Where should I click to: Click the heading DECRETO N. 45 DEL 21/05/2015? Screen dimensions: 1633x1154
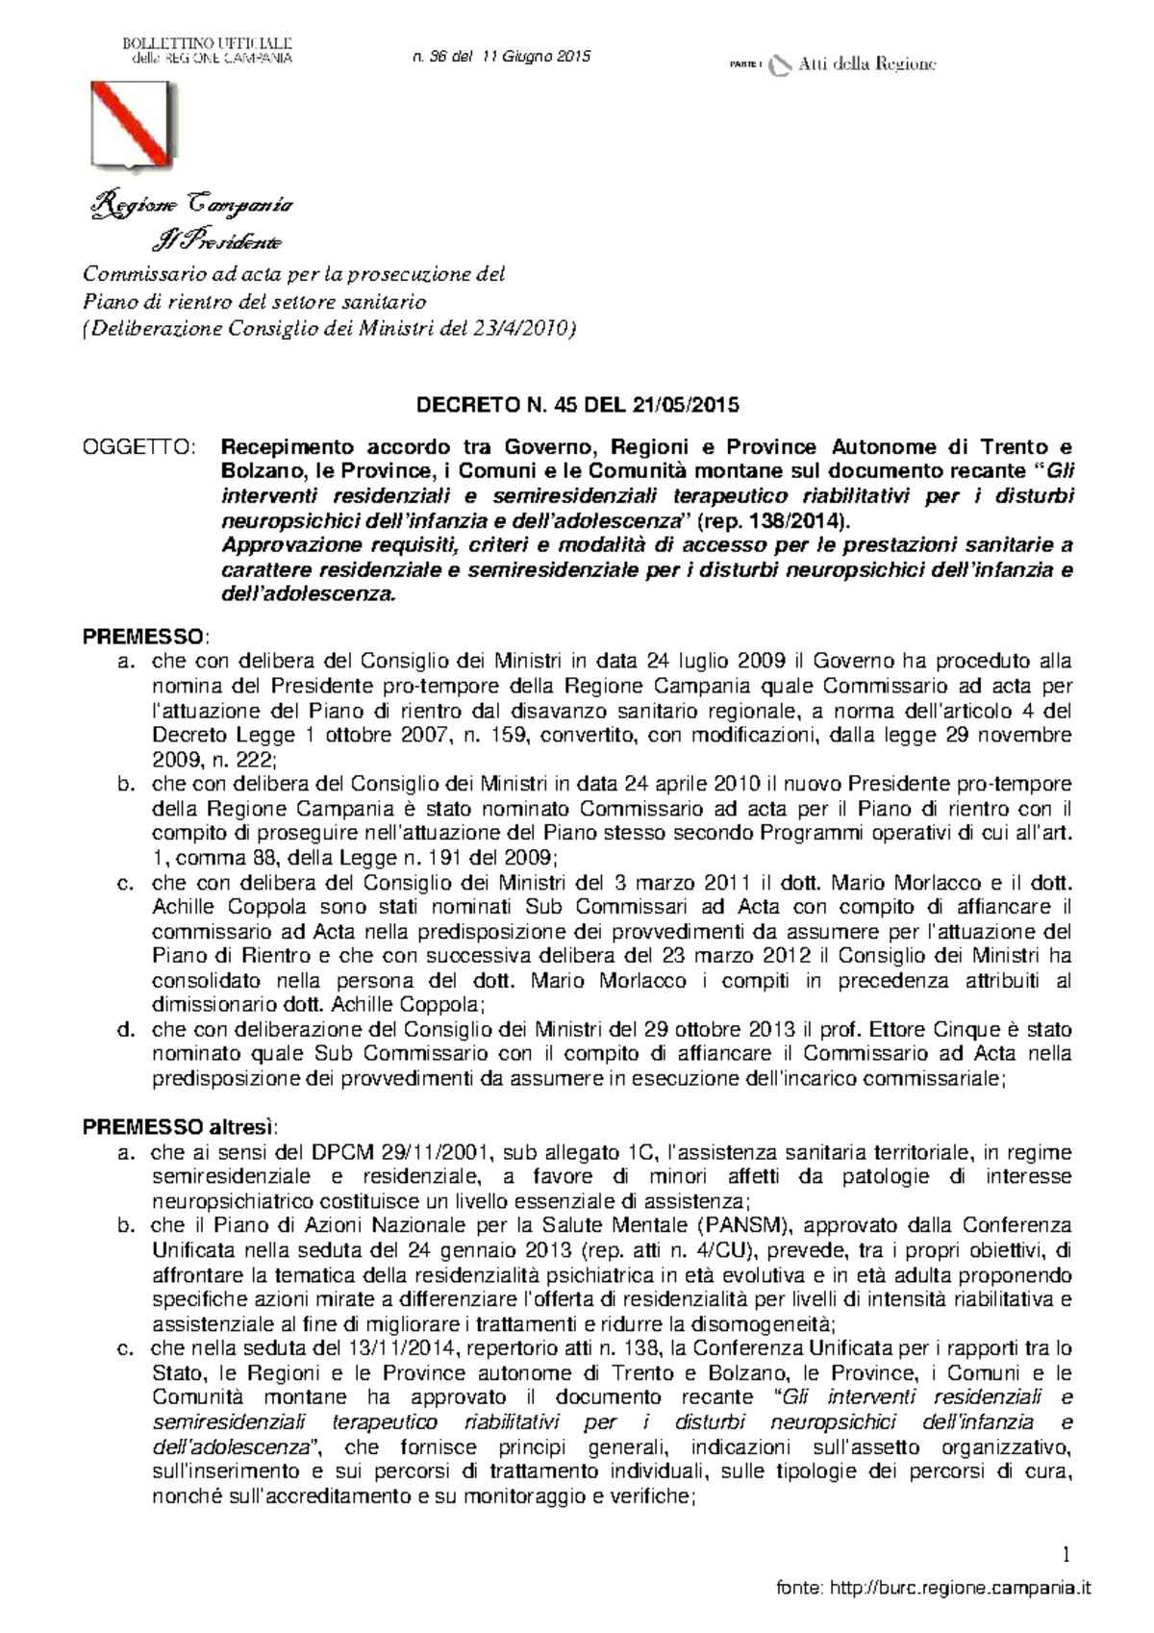click(x=577, y=404)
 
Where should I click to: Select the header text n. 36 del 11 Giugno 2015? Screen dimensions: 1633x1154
click(x=501, y=57)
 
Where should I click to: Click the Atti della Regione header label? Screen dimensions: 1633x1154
click(x=865, y=64)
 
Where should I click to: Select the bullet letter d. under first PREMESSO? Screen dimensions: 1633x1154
click(x=123, y=1029)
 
